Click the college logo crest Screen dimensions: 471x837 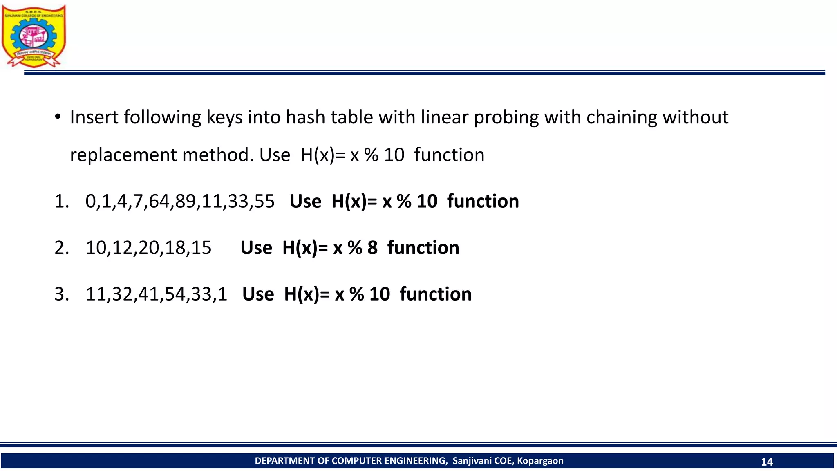[34, 36]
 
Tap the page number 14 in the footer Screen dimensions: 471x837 [767, 462]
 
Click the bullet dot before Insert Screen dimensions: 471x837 [58, 117]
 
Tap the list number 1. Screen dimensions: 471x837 [61, 202]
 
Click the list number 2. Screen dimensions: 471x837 [61, 248]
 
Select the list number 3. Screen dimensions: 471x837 [61, 294]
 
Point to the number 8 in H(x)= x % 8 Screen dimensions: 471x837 [372, 248]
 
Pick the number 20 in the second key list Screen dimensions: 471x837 [149, 248]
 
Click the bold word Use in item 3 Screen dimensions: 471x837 [258, 294]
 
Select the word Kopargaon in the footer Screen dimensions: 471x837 [540, 461]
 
